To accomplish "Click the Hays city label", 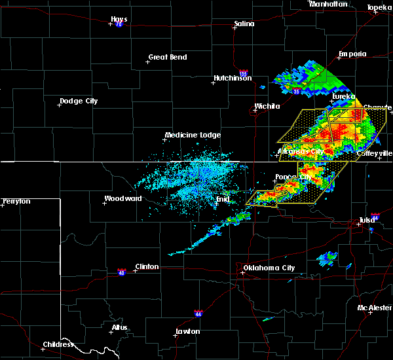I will (119, 20).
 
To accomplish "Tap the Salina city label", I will (244, 24).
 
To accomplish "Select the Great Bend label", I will (167, 57).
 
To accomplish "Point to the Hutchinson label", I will (233, 79).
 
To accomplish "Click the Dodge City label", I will (79, 101).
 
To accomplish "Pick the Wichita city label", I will (267, 106).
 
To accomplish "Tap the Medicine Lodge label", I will (192, 135).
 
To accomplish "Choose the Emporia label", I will (352, 54).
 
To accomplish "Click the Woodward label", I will (122, 198).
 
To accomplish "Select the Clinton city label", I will (146, 266).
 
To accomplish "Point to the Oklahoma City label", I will (269, 268).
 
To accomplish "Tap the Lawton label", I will (187, 331).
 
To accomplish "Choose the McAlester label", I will (374, 308).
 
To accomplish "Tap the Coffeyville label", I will (374, 153).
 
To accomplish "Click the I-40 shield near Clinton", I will (122, 270).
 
